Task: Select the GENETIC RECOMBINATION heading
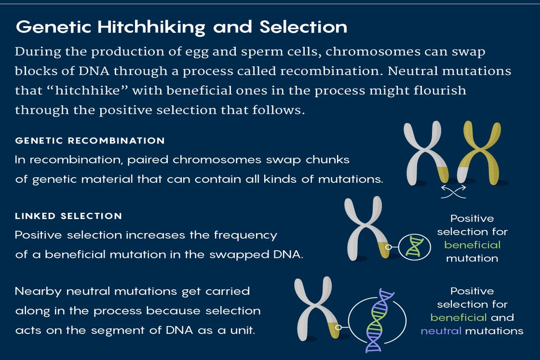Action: pyautogui.click(x=90, y=141)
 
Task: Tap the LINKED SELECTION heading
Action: pyautogui.click(x=68, y=216)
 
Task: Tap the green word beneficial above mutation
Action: pyautogui.click(x=472, y=245)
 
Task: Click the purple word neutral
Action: pyautogui.click(x=441, y=331)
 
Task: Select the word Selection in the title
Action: pyautogui.click(x=304, y=27)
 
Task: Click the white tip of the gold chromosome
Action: pyautogui.click(x=463, y=175)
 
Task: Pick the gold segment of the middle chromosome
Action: pyautogui.click(x=384, y=250)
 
